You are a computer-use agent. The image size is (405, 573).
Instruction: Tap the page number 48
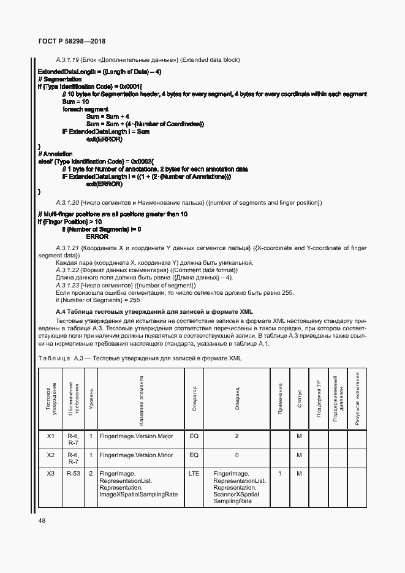(41, 520)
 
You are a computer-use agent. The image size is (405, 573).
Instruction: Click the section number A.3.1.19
(68, 59)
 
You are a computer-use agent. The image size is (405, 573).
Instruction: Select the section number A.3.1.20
(68, 202)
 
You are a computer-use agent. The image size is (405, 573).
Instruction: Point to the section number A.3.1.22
(68, 270)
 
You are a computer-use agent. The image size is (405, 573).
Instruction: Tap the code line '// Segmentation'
(59, 80)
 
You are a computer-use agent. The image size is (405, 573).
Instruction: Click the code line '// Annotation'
(56, 154)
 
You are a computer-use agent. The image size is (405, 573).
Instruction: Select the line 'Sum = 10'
(76, 102)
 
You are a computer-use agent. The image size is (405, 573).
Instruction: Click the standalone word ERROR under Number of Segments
(97, 236)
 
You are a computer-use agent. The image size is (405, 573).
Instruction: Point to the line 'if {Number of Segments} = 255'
(97, 300)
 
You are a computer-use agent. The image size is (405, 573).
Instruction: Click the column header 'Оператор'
(194, 398)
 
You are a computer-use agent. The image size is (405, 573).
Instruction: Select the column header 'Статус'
(300, 398)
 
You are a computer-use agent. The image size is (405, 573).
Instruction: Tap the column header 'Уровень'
(91, 398)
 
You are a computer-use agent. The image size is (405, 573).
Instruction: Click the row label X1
(51, 436)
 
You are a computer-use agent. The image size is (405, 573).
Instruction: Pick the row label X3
(51, 474)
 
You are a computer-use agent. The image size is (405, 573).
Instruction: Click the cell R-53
(73, 474)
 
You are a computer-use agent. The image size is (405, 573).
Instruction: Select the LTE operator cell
(194, 474)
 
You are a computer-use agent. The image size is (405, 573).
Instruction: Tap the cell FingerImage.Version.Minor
(137, 455)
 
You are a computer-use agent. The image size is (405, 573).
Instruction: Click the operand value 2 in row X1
(237, 436)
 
